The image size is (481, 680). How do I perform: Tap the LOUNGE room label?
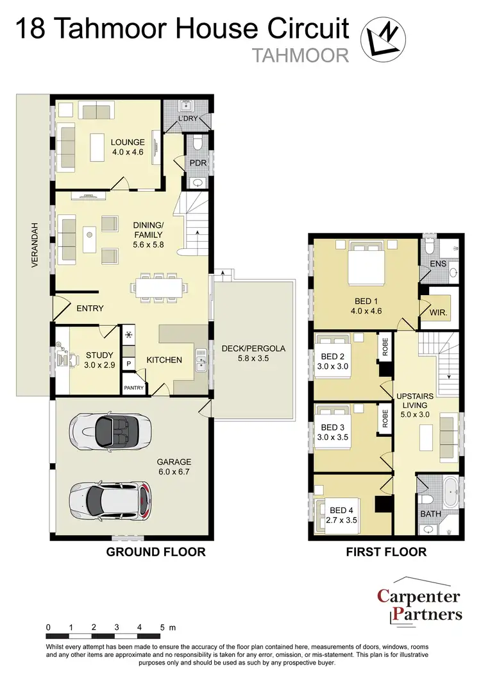pos(128,142)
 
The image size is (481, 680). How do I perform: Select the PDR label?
pos(197,163)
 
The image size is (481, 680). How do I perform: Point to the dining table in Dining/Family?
pos(157,287)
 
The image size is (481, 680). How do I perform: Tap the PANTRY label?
pos(133,387)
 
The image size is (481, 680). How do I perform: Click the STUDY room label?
pos(99,355)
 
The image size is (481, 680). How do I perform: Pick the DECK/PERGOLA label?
pos(253,349)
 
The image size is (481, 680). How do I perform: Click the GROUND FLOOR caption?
pos(155,552)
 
